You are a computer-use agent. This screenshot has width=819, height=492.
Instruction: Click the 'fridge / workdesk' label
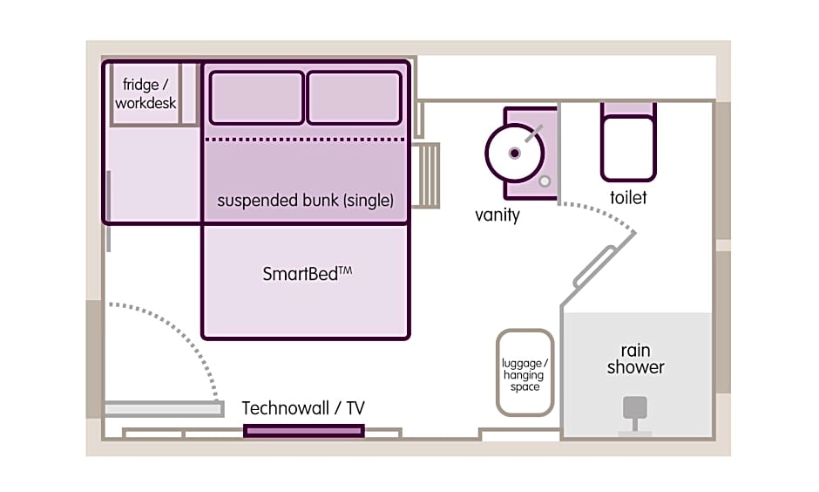(x=146, y=93)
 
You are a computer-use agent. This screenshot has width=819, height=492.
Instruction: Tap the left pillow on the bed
(x=256, y=98)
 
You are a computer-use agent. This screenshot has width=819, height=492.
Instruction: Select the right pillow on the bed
(x=354, y=98)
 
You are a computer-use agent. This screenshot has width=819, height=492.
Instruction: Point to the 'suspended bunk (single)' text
(x=305, y=201)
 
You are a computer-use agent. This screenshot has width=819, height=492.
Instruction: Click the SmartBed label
(x=307, y=273)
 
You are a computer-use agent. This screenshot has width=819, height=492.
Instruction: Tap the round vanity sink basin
(x=514, y=153)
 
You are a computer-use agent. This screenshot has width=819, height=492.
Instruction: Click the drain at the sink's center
(x=514, y=154)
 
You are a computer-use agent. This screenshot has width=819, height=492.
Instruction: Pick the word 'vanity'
(x=497, y=215)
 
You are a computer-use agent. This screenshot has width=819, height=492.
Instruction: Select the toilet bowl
(x=628, y=149)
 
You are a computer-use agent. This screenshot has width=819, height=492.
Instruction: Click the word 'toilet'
(x=628, y=198)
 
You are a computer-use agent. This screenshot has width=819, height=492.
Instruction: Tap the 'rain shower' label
(x=636, y=359)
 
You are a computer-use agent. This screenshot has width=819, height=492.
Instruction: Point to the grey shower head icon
(x=635, y=413)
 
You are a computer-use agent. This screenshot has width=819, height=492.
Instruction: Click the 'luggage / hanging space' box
(x=525, y=372)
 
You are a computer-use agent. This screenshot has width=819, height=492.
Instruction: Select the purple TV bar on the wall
(x=304, y=431)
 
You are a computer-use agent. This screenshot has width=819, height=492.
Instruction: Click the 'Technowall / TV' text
(x=303, y=408)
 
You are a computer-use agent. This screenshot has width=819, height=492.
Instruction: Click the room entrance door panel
(x=165, y=409)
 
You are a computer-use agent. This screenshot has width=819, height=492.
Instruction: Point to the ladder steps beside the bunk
(x=426, y=175)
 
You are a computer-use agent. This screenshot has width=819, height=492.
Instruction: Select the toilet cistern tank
(x=628, y=109)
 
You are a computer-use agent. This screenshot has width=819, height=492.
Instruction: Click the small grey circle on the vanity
(x=545, y=181)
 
